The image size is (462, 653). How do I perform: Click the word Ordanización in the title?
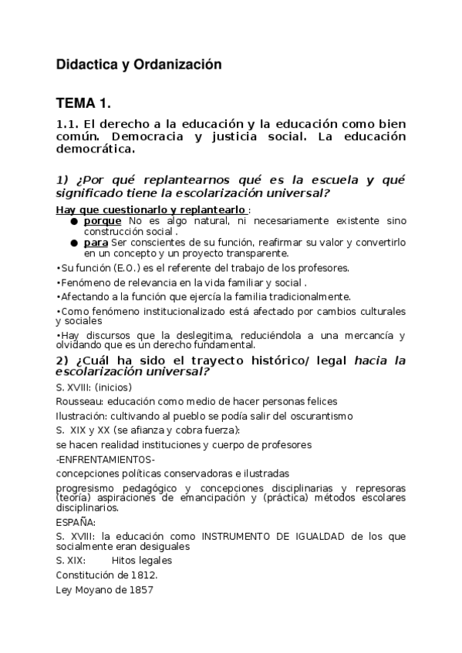pyautogui.click(x=177, y=65)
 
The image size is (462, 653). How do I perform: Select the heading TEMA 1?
pyautogui.click(x=84, y=102)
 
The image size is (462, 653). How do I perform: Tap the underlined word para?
pyautogui.click(x=96, y=243)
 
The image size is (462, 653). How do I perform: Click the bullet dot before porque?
pyautogui.click(x=74, y=221)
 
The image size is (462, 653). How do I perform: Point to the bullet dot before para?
pyautogui.click(x=74, y=243)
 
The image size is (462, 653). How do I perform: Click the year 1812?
pyautogui.click(x=142, y=575)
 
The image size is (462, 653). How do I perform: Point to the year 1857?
pyautogui.click(x=140, y=590)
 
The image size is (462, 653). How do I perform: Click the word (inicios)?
pyautogui.click(x=113, y=387)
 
